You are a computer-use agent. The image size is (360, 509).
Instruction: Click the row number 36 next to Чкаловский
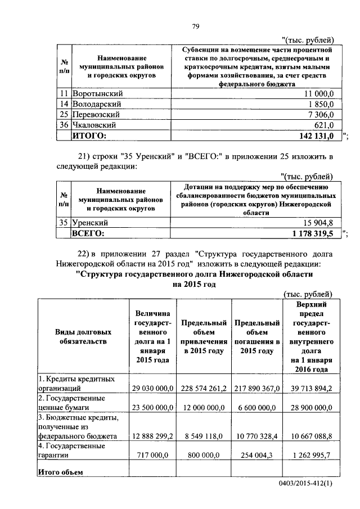(64, 125)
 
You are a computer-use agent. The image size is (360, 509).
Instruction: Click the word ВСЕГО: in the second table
(89, 233)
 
